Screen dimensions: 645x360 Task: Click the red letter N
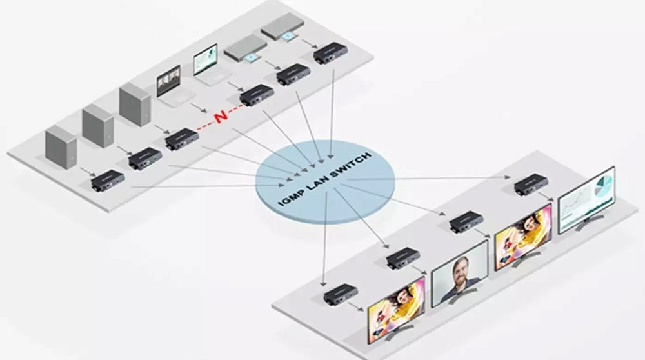[221, 115]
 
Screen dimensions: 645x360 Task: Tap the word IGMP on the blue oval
[290, 196]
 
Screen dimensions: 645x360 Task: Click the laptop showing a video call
[173, 86]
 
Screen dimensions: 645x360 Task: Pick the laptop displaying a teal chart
[209, 65]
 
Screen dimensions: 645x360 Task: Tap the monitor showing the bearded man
[459, 274]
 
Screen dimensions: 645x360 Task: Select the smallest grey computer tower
[61, 146]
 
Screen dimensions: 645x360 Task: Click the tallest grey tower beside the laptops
[135, 104]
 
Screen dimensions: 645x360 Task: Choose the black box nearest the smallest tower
[107, 180]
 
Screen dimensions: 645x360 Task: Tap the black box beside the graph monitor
[531, 185]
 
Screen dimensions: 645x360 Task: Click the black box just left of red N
[182, 139]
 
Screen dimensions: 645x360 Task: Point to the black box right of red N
[257, 95]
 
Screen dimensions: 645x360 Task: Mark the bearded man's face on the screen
[459, 270]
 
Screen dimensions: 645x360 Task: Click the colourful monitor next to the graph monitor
[523, 236]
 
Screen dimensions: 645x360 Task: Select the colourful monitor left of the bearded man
[396, 310]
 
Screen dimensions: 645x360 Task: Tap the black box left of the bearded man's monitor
[403, 258]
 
